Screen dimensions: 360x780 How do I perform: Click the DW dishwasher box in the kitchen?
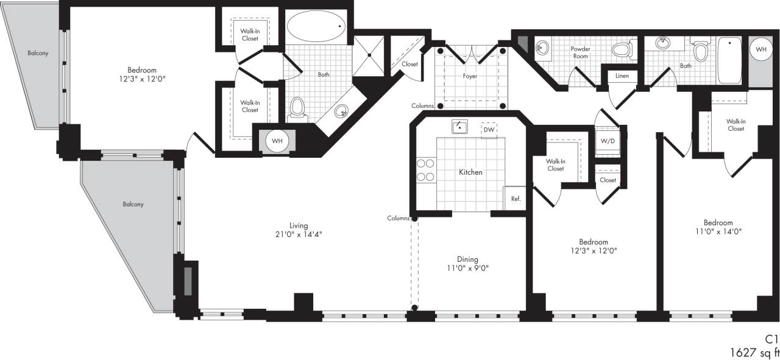click(488, 130)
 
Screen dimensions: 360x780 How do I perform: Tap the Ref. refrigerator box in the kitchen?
click(515, 199)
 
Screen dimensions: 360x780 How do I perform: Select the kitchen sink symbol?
click(459, 127)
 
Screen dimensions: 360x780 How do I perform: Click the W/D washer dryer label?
click(608, 141)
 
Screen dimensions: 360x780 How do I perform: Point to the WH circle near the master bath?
click(277, 141)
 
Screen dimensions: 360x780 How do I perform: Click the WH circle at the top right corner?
click(761, 49)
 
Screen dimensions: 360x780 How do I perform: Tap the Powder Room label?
click(580, 52)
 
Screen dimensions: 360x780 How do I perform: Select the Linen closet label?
click(622, 76)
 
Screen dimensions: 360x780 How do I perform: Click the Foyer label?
click(470, 76)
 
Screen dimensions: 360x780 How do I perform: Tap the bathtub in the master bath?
click(316, 26)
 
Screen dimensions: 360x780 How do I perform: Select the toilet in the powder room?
click(622, 49)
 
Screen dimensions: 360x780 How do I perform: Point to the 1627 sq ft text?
click(754, 352)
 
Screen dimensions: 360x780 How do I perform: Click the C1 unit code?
click(772, 339)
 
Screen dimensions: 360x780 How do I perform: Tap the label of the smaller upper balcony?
click(38, 53)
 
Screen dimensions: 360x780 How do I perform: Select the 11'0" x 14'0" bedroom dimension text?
click(718, 231)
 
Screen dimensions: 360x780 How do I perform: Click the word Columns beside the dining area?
click(397, 218)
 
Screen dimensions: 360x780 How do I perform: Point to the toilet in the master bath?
click(297, 108)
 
